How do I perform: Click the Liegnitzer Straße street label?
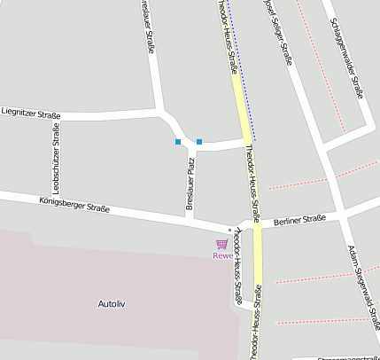coord(31,113)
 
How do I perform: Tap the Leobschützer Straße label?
coord(56,158)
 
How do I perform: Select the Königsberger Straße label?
coord(74,206)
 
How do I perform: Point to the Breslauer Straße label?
coord(148,27)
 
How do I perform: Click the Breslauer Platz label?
coord(190,184)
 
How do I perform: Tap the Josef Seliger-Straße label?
coord(277,31)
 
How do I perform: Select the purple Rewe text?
coord(222,256)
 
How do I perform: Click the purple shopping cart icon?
coord(221,244)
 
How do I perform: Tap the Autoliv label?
coord(114,304)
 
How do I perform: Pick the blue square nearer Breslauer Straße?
coord(178,142)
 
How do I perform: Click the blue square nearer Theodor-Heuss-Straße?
coord(199,142)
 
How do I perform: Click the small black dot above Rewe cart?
coord(230,231)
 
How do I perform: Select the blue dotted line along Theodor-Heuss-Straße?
coord(241,71)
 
